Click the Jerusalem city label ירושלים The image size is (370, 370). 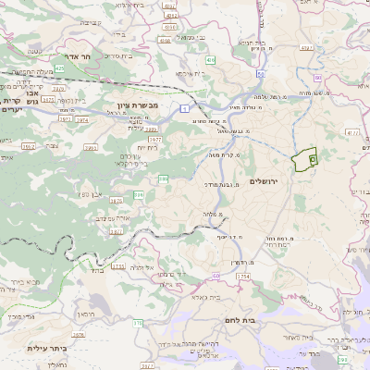coord(270,181)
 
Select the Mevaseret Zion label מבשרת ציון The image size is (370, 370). coord(140,107)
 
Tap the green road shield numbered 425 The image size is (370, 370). coord(59,68)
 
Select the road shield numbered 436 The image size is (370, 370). coord(211,60)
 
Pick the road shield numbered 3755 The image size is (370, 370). coord(117,266)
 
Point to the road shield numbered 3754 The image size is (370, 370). coord(243,276)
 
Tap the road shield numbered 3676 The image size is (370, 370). coord(79,335)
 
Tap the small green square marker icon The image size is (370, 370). coord(313,159)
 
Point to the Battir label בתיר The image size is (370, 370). coord(97,271)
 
